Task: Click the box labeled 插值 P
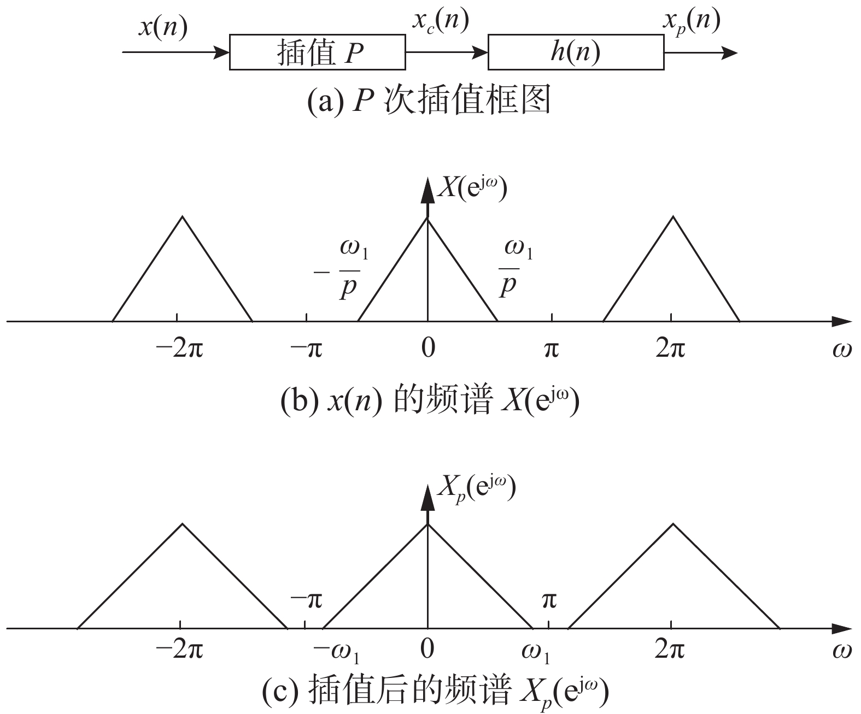pyautogui.click(x=317, y=52)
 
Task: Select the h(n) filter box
pyautogui.click(x=575, y=52)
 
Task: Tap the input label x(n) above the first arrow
pyautogui.click(x=162, y=26)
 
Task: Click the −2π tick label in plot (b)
pyautogui.click(x=179, y=347)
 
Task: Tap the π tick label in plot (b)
pyautogui.click(x=551, y=347)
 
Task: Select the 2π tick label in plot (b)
pyautogui.click(x=670, y=347)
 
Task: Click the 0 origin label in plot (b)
pyautogui.click(x=428, y=347)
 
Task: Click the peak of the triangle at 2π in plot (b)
pyautogui.click(x=673, y=217)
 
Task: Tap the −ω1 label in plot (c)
pyautogui.click(x=336, y=651)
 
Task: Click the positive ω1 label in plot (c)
pyautogui.click(x=535, y=651)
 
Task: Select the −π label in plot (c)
pyautogui.click(x=307, y=600)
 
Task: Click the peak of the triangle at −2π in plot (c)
pyautogui.click(x=183, y=524)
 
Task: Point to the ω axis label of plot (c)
pyautogui.click(x=842, y=650)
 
